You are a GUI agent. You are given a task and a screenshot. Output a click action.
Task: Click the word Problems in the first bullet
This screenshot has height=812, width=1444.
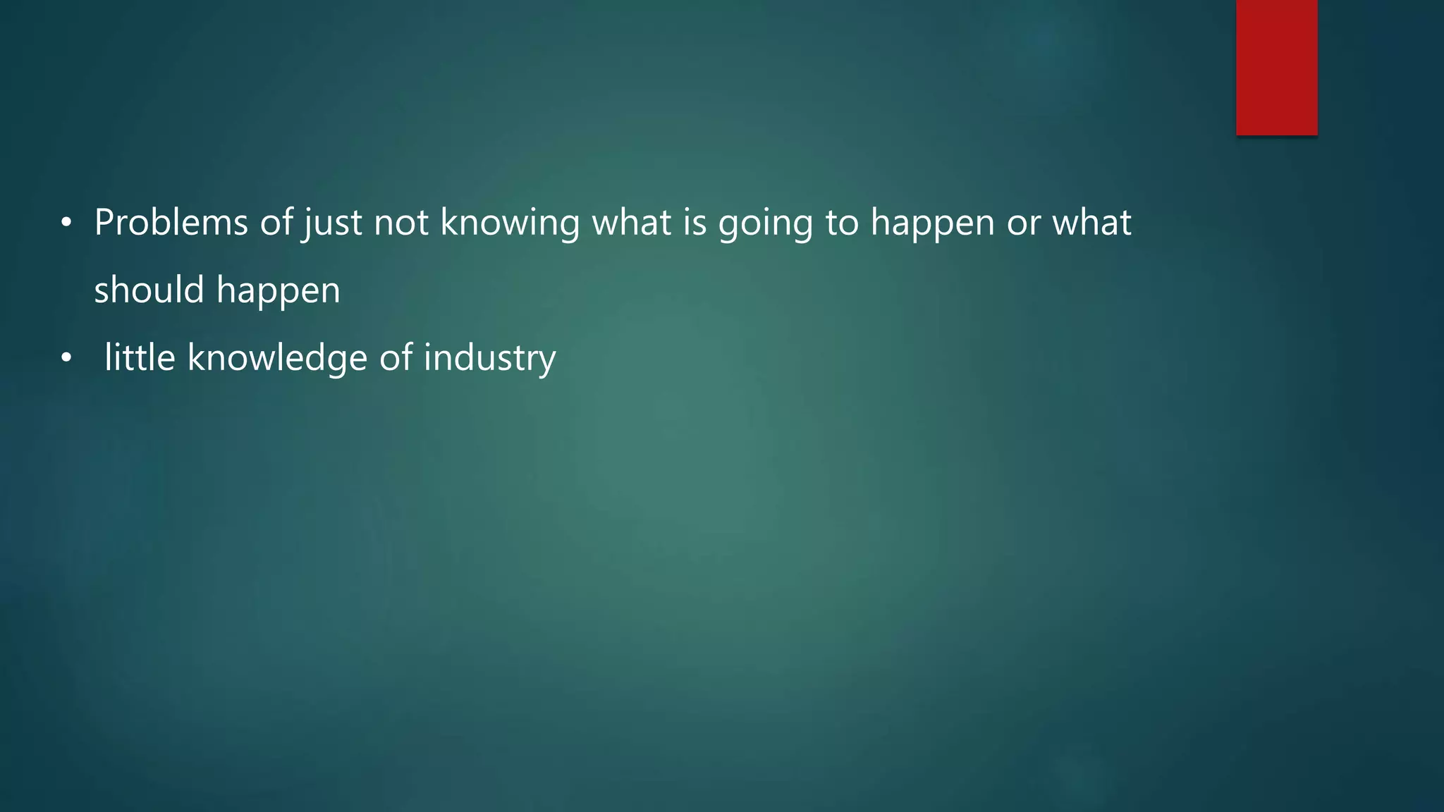(x=171, y=223)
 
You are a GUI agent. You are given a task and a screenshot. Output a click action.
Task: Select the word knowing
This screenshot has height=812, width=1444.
(x=510, y=223)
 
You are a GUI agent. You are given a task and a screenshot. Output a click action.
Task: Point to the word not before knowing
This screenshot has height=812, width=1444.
(x=401, y=223)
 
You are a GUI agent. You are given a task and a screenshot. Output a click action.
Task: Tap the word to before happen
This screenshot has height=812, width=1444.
(x=842, y=223)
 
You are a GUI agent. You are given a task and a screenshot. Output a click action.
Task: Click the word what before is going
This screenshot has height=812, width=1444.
(x=632, y=223)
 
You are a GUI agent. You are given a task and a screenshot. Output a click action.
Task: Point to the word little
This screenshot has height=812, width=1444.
(x=140, y=357)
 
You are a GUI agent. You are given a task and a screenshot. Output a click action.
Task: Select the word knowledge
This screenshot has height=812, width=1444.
(x=277, y=358)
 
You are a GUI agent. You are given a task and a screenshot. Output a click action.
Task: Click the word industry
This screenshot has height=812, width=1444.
(x=489, y=358)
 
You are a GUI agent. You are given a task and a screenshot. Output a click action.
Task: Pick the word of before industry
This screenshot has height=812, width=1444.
(x=396, y=357)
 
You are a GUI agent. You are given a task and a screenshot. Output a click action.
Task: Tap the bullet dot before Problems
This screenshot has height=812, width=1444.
(x=66, y=223)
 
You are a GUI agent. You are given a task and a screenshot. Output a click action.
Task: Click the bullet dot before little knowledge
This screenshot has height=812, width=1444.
(x=66, y=359)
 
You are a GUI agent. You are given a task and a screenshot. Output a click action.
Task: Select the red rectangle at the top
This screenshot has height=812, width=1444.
(x=1276, y=68)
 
